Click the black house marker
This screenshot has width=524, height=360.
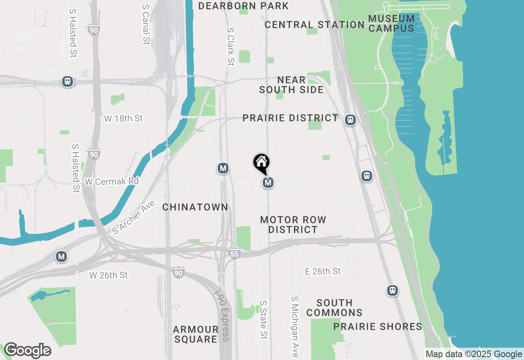(261, 162)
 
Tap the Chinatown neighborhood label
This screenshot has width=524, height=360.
(195, 207)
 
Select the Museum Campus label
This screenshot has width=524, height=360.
(391, 23)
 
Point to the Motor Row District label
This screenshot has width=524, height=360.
(293, 225)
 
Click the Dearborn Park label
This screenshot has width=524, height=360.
(244, 6)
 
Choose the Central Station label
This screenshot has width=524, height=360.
(314, 25)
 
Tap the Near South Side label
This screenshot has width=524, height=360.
(291, 85)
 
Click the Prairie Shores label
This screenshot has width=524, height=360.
(377, 326)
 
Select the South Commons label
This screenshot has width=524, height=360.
(334, 308)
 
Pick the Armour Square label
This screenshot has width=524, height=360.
(196, 334)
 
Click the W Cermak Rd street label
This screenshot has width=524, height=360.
(111, 181)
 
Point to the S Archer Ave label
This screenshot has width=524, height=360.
(133, 217)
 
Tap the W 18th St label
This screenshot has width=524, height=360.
(123, 118)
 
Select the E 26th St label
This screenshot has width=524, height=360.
(323, 271)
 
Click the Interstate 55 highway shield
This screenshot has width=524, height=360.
(233, 254)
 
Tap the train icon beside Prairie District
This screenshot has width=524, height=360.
(350, 120)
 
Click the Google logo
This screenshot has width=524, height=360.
(27, 351)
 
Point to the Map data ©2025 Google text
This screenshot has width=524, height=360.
(474, 354)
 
